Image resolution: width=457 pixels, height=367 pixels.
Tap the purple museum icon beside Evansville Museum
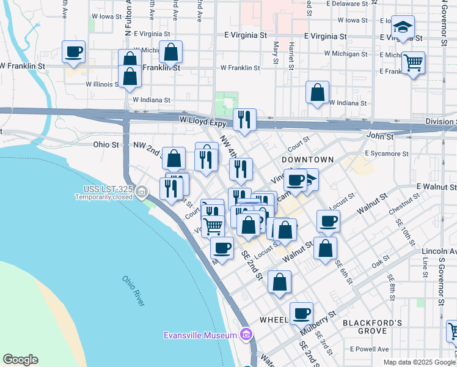[246, 335]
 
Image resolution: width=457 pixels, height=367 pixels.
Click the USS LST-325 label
[103, 190]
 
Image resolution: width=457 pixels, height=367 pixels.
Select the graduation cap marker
[403, 28]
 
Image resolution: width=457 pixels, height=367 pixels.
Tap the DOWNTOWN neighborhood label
[308, 159]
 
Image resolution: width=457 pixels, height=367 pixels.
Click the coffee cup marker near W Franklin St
[73, 53]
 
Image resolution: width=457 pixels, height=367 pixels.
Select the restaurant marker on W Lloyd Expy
[244, 120]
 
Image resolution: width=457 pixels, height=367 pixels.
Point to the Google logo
[21, 360]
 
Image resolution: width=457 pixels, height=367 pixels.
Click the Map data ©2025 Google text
[419, 362]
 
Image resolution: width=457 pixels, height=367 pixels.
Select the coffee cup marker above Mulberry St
[301, 314]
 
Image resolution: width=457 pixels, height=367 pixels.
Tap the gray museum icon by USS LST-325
[142, 193]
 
